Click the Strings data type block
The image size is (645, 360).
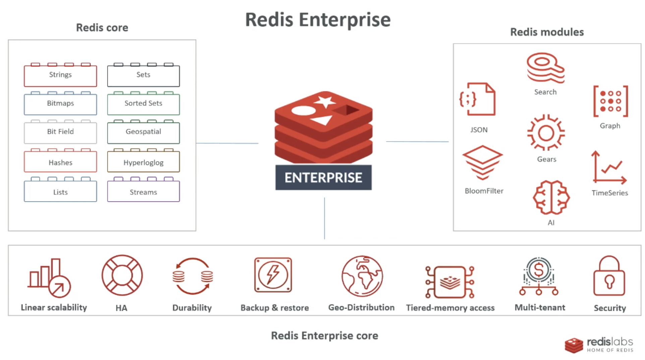pos(60,75)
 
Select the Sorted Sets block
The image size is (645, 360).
pos(143,104)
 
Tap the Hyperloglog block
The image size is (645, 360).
pos(143,163)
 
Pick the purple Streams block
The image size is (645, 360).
pos(143,192)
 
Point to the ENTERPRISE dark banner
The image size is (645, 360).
pos(323,178)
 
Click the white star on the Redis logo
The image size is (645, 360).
pos(325,101)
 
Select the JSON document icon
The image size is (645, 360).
pos(477,99)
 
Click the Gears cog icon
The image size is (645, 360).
pos(546,133)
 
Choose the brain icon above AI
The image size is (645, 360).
pos(551,197)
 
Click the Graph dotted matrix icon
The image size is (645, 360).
pos(610,101)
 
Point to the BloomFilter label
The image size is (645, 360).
pos(484,191)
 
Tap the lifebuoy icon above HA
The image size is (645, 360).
pos(122,275)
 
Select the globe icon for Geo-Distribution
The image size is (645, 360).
pos(362,276)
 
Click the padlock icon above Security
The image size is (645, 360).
pos(609,276)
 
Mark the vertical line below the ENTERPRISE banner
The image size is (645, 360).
pos(325,218)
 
